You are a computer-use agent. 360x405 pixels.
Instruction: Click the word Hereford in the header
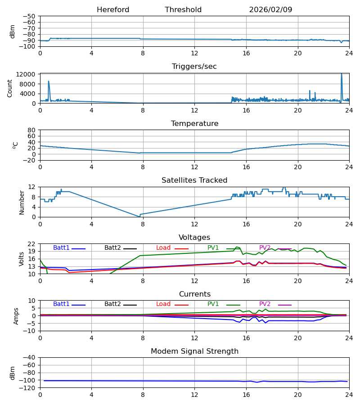(x=113, y=10)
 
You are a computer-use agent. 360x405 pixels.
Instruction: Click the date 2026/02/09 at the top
(x=270, y=10)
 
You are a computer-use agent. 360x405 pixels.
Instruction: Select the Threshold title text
(x=183, y=10)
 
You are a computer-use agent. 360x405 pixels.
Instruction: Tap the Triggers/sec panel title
(x=194, y=67)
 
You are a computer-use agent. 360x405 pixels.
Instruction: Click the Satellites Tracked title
(x=194, y=180)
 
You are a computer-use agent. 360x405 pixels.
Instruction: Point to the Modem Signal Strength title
(x=194, y=351)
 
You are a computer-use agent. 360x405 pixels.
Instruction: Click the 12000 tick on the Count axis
(x=28, y=74)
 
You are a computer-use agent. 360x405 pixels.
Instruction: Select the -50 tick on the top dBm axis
(x=30, y=16)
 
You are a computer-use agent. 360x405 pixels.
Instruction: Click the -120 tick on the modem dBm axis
(x=28, y=387)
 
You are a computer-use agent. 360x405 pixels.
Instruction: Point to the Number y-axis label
(x=22, y=202)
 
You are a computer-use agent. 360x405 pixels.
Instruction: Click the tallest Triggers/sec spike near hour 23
(x=342, y=74)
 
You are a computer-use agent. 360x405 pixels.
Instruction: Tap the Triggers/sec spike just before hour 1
(x=49, y=81)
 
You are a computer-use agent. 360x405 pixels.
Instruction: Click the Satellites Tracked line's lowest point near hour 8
(x=139, y=216)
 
